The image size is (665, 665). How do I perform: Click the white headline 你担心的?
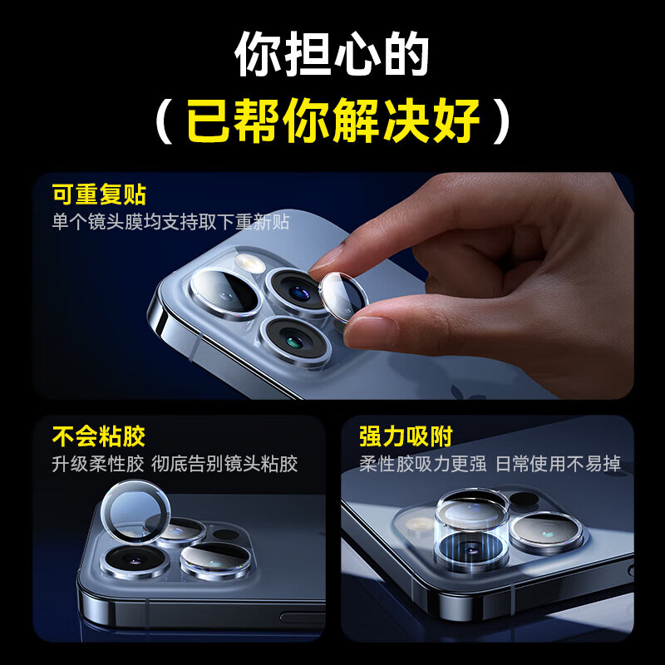[332, 56]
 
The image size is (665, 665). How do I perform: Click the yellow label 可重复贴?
[99, 195]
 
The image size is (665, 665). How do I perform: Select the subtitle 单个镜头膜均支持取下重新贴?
[170, 222]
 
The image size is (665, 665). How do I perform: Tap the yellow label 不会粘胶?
[99, 436]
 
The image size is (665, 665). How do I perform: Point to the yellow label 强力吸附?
[406, 436]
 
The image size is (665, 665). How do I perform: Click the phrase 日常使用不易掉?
[559, 463]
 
